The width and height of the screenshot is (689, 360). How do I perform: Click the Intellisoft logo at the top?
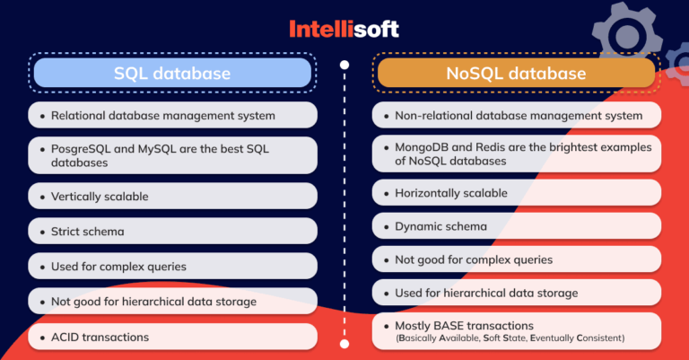(x=344, y=29)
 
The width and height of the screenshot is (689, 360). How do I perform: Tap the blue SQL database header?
(x=171, y=72)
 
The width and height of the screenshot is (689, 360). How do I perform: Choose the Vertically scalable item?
(x=100, y=196)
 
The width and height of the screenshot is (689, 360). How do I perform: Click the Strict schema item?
(x=88, y=232)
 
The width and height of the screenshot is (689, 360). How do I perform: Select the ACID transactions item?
(x=100, y=337)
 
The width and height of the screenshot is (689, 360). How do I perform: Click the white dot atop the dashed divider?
(x=345, y=66)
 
